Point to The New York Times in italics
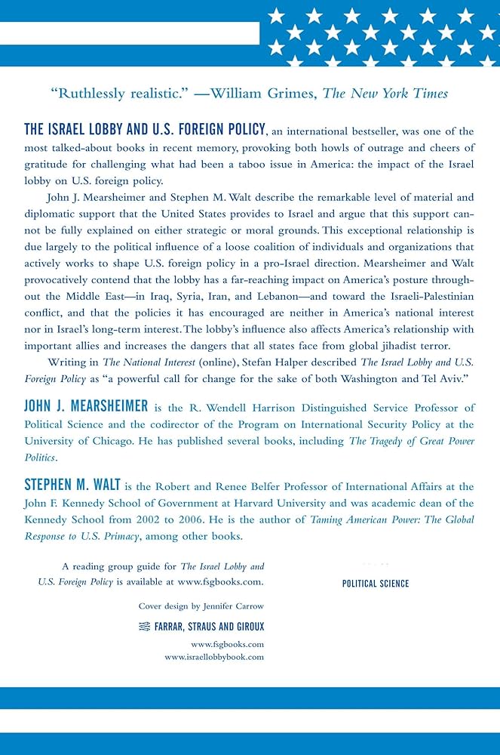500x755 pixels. (385, 94)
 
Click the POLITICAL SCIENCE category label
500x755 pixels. (376, 584)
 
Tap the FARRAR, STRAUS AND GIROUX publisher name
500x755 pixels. (210, 627)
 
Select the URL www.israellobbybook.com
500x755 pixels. (214, 658)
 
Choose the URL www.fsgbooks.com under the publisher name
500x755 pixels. (227, 644)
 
